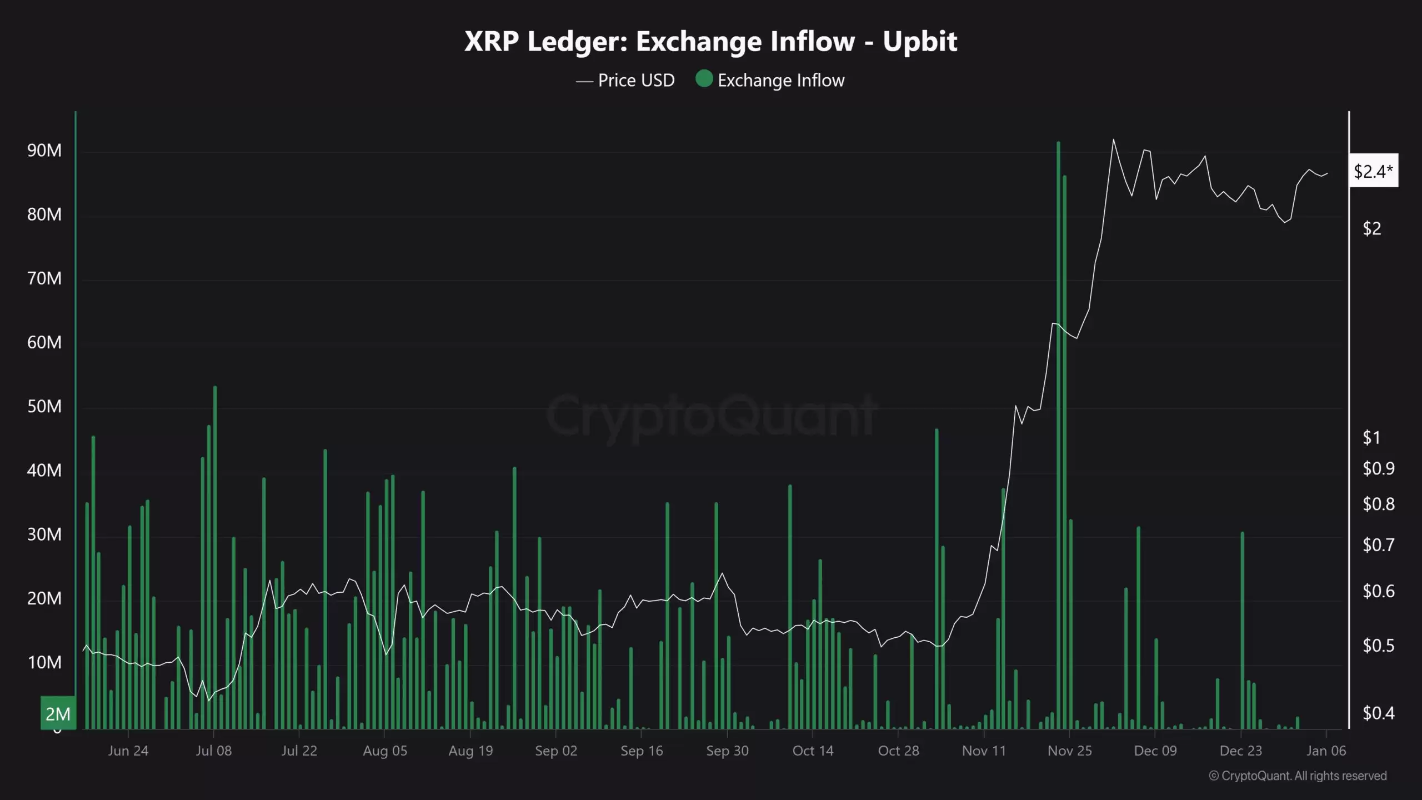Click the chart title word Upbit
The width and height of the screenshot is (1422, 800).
pyautogui.click(x=920, y=42)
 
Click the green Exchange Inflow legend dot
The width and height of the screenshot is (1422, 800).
pyautogui.click(x=704, y=79)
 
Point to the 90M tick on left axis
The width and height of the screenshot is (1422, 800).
pyautogui.click(x=44, y=151)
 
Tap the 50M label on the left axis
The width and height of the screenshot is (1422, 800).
pyautogui.click(x=44, y=407)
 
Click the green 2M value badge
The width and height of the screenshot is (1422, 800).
pyautogui.click(x=58, y=713)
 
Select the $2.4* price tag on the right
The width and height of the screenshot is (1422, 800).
pyautogui.click(x=1373, y=171)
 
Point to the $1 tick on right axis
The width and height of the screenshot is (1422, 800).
pyautogui.click(x=1371, y=438)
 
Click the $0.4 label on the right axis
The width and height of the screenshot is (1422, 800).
pyautogui.click(x=1378, y=713)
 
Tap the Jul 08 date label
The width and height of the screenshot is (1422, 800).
pyautogui.click(x=214, y=751)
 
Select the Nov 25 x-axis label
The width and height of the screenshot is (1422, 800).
pyautogui.click(x=1069, y=751)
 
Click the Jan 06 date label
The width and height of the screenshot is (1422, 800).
pyautogui.click(x=1326, y=751)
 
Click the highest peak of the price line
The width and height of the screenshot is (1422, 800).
pyautogui.click(x=1113, y=140)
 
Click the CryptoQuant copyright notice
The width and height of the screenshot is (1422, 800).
pyautogui.click(x=1298, y=776)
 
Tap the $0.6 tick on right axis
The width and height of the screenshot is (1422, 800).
pyautogui.click(x=1378, y=591)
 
